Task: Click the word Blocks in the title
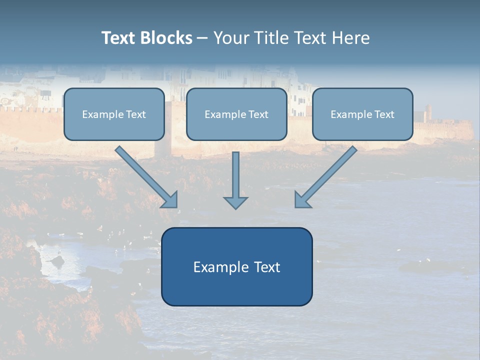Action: click(166, 37)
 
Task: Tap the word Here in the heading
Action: click(351, 37)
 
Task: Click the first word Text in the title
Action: click(119, 37)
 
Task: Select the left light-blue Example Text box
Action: click(114, 114)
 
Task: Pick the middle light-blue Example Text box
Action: click(236, 114)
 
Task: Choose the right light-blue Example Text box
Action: click(363, 114)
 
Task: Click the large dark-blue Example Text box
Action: click(237, 266)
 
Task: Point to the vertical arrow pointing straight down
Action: click(235, 180)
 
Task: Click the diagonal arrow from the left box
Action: click(146, 177)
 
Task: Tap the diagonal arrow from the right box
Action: click(325, 177)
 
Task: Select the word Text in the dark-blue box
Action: click(267, 267)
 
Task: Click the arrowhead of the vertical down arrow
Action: click(235, 203)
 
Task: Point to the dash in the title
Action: click(202, 38)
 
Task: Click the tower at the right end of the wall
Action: click(428, 113)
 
